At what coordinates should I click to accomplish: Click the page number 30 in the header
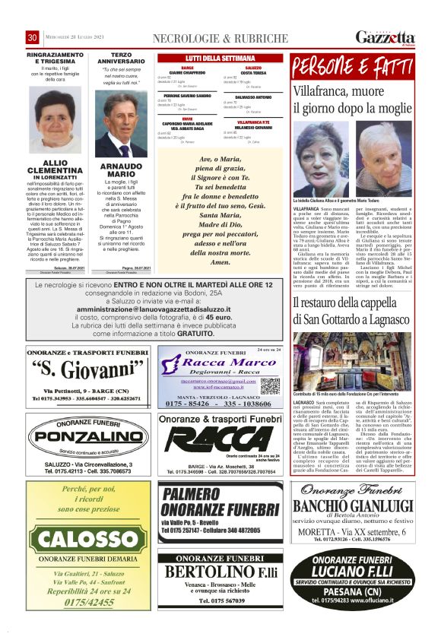(x=32, y=38)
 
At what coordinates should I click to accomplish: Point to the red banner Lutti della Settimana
(x=220, y=58)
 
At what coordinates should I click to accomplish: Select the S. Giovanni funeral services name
(x=90, y=372)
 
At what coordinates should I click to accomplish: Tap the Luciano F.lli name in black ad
(x=351, y=570)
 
